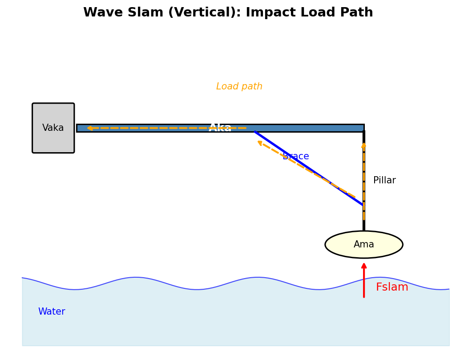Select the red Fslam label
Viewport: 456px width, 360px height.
tap(392, 287)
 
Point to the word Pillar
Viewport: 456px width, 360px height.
tap(384, 181)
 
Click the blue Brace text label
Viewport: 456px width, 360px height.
tap(296, 157)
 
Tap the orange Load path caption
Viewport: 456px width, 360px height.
tap(239, 87)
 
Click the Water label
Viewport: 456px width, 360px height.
tap(52, 312)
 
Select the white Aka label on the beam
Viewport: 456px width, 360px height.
tap(220, 128)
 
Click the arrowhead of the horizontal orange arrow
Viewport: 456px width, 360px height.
tap(89, 128)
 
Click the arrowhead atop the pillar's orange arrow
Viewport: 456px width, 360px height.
tap(364, 145)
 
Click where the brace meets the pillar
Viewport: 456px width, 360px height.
tap(363, 205)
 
